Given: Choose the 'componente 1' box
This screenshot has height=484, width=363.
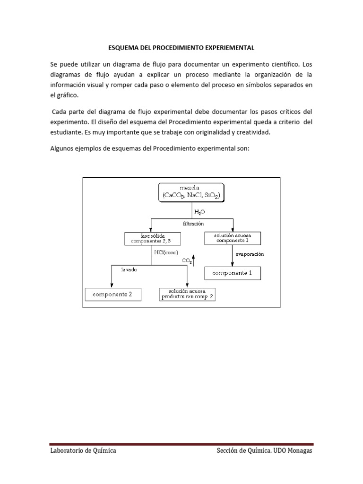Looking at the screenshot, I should pyautogui.click(x=232, y=273).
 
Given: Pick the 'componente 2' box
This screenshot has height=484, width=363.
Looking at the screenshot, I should pyautogui.click(x=112, y=294).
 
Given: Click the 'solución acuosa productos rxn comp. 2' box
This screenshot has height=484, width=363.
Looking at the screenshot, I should pyautogui.click(x=188, y=294).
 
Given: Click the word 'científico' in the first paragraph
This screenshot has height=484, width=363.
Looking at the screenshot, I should pyautogui.click(x=283, y=63).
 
